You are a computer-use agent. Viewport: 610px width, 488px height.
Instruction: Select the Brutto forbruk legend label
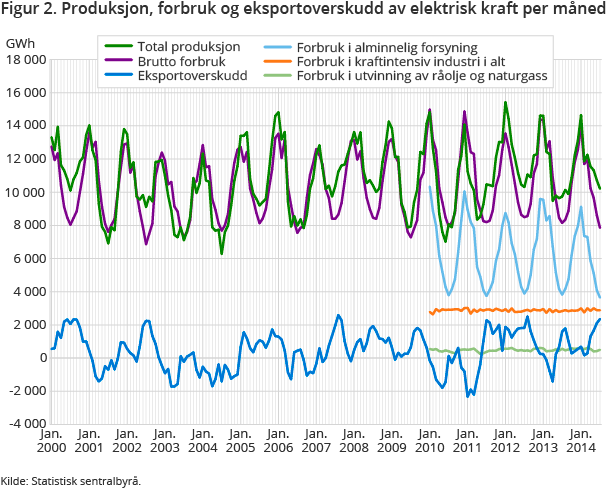174,61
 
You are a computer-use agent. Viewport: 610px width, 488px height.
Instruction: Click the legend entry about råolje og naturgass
421,75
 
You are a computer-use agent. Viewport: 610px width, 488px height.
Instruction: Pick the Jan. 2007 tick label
316,441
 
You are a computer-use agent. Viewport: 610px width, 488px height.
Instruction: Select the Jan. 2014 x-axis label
582,441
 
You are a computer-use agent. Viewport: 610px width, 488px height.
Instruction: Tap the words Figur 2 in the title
29,11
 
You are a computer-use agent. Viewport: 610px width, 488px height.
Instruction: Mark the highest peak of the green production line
505,102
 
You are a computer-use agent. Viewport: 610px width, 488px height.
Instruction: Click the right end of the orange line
600,310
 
